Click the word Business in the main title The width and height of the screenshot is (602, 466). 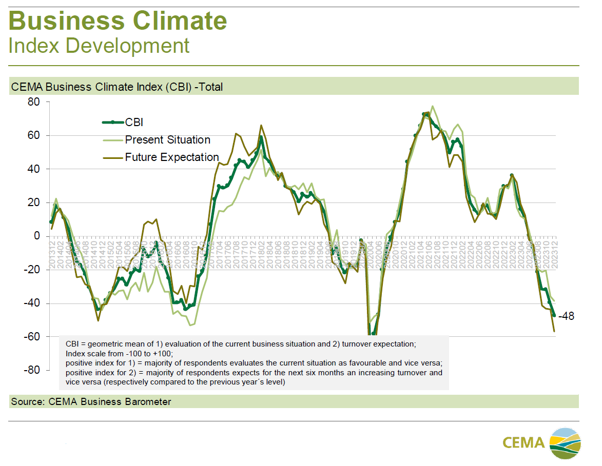pos(65,21)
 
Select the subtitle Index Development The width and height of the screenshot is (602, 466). pos(99,46)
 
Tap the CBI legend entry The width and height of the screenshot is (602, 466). pos(134,122)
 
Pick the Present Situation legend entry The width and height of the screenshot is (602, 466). pos(167,139)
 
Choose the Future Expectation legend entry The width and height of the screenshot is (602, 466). pos(172,157)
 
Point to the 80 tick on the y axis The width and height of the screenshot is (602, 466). pos(33,102)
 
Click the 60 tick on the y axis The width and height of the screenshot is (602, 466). pos(33,135)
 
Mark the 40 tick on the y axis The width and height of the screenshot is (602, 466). pos(33,169)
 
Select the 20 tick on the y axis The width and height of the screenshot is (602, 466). pos(33,202)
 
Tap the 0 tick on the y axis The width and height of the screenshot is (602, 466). pos(36,236)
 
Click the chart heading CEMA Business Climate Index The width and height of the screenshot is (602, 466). pos(116,87)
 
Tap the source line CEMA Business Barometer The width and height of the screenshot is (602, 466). pos(91,401)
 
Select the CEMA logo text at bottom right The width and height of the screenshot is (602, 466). pos(523,442)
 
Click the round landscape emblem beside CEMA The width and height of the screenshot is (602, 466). pos(566,442)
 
